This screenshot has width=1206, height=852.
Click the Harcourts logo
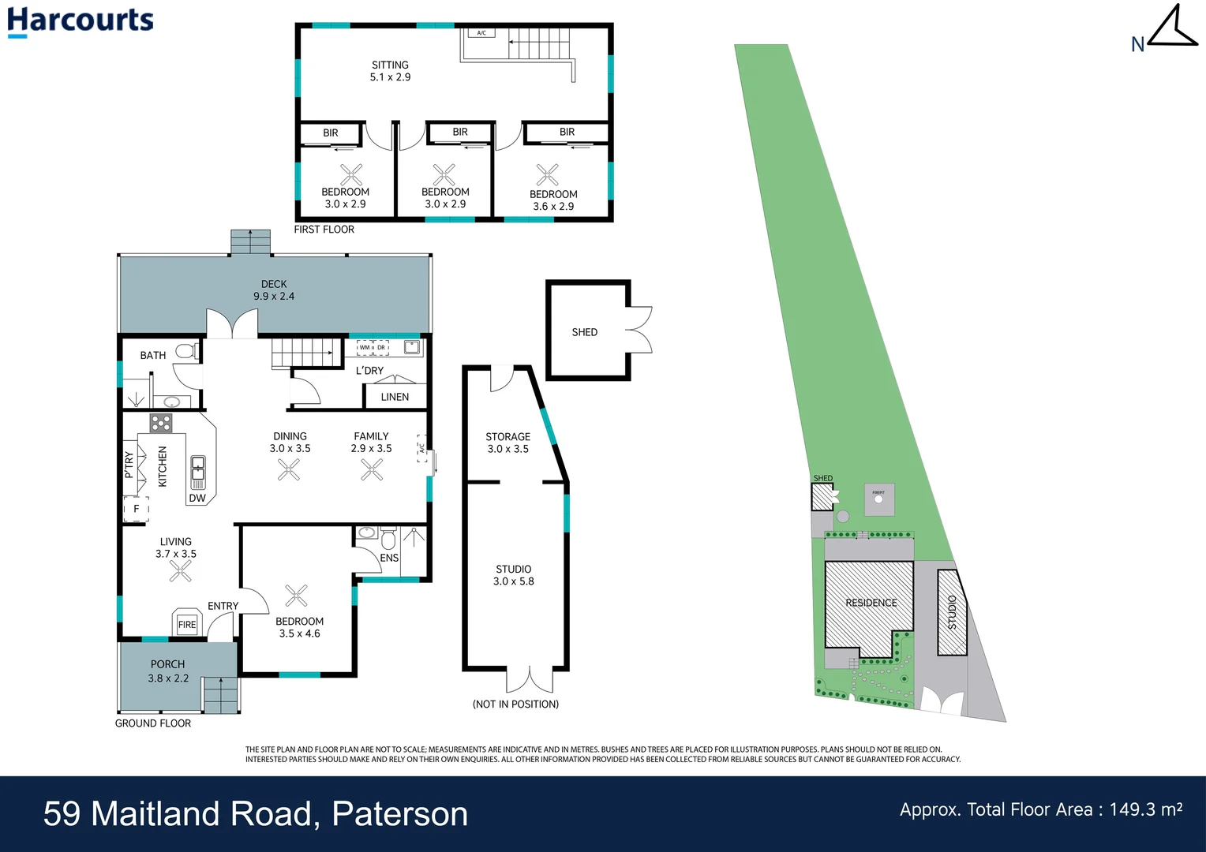point(80,21)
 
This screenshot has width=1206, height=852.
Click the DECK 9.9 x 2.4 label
point(274,290)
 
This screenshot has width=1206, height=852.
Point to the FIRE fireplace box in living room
point(187,624)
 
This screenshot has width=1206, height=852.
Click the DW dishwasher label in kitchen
point(197,498)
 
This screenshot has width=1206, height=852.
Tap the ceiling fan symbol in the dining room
point(289,470)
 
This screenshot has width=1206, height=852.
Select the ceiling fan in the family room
point(372,470)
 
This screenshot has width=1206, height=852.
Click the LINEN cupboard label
point(395,397)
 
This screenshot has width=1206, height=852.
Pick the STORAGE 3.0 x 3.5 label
point(507,443)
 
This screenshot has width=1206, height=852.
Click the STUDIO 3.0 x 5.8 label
point(513,575)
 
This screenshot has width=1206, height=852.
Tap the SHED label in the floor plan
point(584,332)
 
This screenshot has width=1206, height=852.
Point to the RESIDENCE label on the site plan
point(871,603)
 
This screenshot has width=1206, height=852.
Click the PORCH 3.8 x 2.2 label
point(168,671)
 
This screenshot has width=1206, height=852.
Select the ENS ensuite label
point(389,558)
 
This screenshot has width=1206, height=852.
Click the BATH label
point(153,355)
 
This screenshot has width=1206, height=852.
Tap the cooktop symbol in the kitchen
point(161,424)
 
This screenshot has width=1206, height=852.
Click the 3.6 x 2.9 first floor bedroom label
point(553,200)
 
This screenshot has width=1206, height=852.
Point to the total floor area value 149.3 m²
point(1145,809)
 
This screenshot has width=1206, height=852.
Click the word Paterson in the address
point(399,814)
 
